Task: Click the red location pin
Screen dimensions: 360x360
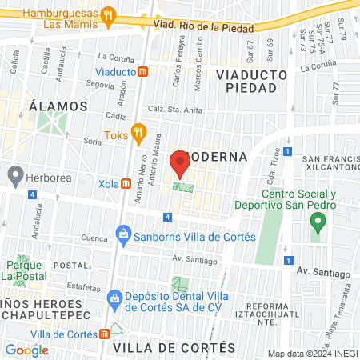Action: [x=180, y=164]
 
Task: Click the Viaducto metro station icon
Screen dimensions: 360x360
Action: [x=142, y=71]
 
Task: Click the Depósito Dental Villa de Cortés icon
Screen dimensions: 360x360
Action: [x=114, y=300]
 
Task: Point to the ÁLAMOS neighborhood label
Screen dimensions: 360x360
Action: [x=57, y=106]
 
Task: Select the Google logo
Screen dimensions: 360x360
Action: [x=26, y=349]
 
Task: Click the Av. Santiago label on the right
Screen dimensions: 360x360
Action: [x=324, y=274]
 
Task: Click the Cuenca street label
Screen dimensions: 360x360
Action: [x=71, y=238]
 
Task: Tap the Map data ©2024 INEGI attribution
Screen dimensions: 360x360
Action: [x=312, y=354]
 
